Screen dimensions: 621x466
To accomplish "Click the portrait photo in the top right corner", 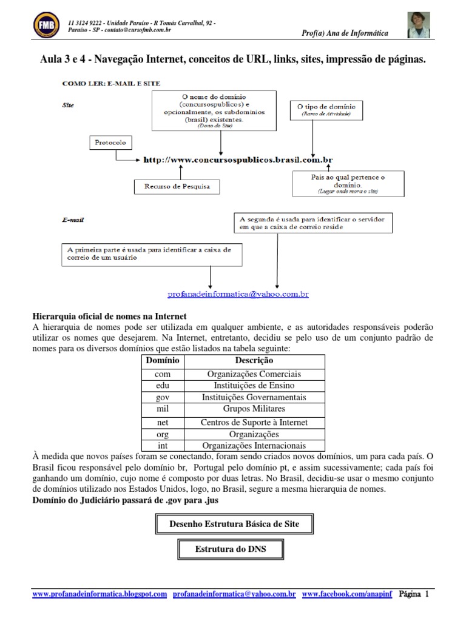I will point(419,25).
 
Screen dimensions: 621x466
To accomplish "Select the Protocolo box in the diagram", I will point(110,143).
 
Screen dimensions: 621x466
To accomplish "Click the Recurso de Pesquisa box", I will point(177,186).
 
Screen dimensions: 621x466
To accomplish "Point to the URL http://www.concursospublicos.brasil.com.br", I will point(238,161).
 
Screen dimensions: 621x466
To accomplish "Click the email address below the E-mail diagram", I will point(238,294).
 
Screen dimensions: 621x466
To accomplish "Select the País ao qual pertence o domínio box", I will point(348,183).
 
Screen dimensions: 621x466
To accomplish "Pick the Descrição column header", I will point(254,360).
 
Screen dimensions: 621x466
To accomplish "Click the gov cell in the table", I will point(163,397).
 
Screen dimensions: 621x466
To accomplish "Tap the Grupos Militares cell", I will point(254,409).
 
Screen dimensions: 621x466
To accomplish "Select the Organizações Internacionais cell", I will point(254,446).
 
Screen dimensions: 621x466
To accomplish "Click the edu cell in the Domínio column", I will point(163,386).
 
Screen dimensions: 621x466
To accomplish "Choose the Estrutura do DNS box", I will point(230,549).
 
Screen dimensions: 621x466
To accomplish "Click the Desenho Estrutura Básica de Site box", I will point(233,523).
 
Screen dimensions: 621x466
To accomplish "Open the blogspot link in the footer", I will point(99,594).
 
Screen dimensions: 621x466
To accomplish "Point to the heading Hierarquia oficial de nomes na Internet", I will point(109,317).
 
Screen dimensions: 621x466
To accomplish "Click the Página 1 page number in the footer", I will point(414,594).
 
